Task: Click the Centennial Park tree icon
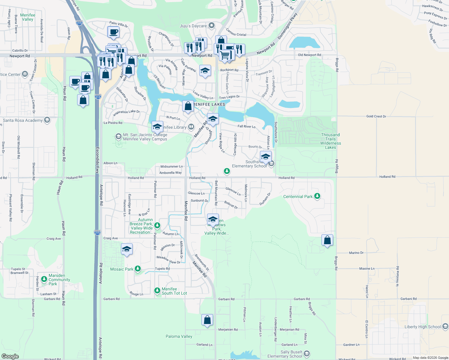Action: (317, 196)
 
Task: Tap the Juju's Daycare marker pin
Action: (212, 25)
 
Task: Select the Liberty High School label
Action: (423, 327)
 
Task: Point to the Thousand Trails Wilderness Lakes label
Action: (330, 141)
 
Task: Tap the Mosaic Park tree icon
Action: (138, 269)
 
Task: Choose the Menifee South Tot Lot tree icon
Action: (157, 291)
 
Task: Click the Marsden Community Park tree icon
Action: (44, 279)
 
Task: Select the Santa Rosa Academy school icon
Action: (47, 120)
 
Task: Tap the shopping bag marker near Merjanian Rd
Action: (207, 320)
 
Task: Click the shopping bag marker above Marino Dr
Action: (327, 240)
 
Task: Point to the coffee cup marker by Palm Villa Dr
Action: (113, 32)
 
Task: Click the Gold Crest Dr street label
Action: (376, 116)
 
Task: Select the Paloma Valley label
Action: (179, 336)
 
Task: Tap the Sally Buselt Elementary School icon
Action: (307, 354)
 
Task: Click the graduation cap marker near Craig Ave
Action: (127, 249)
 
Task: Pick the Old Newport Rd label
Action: (309, 55)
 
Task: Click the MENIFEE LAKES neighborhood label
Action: (209, 104)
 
